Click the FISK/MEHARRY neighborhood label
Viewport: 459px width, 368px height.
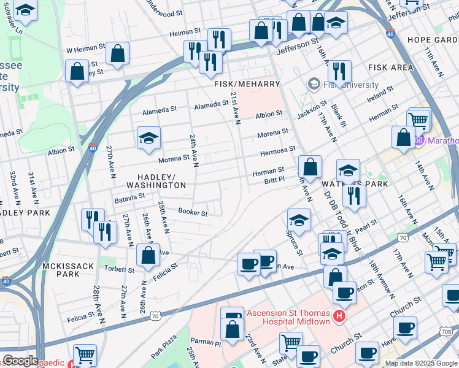[x=247, y=83]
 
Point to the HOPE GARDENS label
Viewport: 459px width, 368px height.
[x=432, y=40]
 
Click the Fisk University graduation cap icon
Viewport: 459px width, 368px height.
[x=314, y=84]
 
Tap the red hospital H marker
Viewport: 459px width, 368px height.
[x=339, y=317]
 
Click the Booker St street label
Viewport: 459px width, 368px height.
[x=193, y=212]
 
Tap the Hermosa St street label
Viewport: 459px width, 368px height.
[x=277, y=149]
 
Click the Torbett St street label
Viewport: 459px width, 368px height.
[x=118, y=270]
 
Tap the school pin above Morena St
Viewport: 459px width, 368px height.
[x=148, y=139]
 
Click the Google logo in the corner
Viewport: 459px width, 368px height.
[x=20, y=361]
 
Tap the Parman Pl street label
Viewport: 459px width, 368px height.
[x=205, y=342]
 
